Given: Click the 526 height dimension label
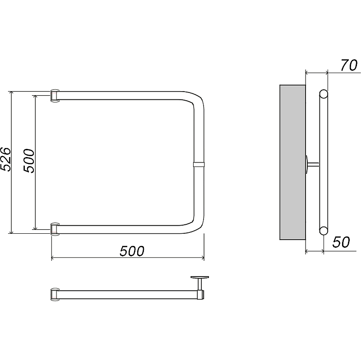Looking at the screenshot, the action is coord(5,159).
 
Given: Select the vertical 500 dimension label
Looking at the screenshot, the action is coord(29,161).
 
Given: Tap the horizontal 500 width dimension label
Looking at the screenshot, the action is coord(132,251).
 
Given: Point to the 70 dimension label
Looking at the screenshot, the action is coord(349,65).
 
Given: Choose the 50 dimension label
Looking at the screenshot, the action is coord(341,242).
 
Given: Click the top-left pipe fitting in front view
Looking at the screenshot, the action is coord(55,96).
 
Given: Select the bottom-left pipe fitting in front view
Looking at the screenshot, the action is coord(55,229).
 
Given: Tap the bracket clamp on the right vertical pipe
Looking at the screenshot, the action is coord(199,164).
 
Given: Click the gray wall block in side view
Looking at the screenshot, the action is coord(292,162).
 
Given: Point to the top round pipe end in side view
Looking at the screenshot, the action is coord(324,94).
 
